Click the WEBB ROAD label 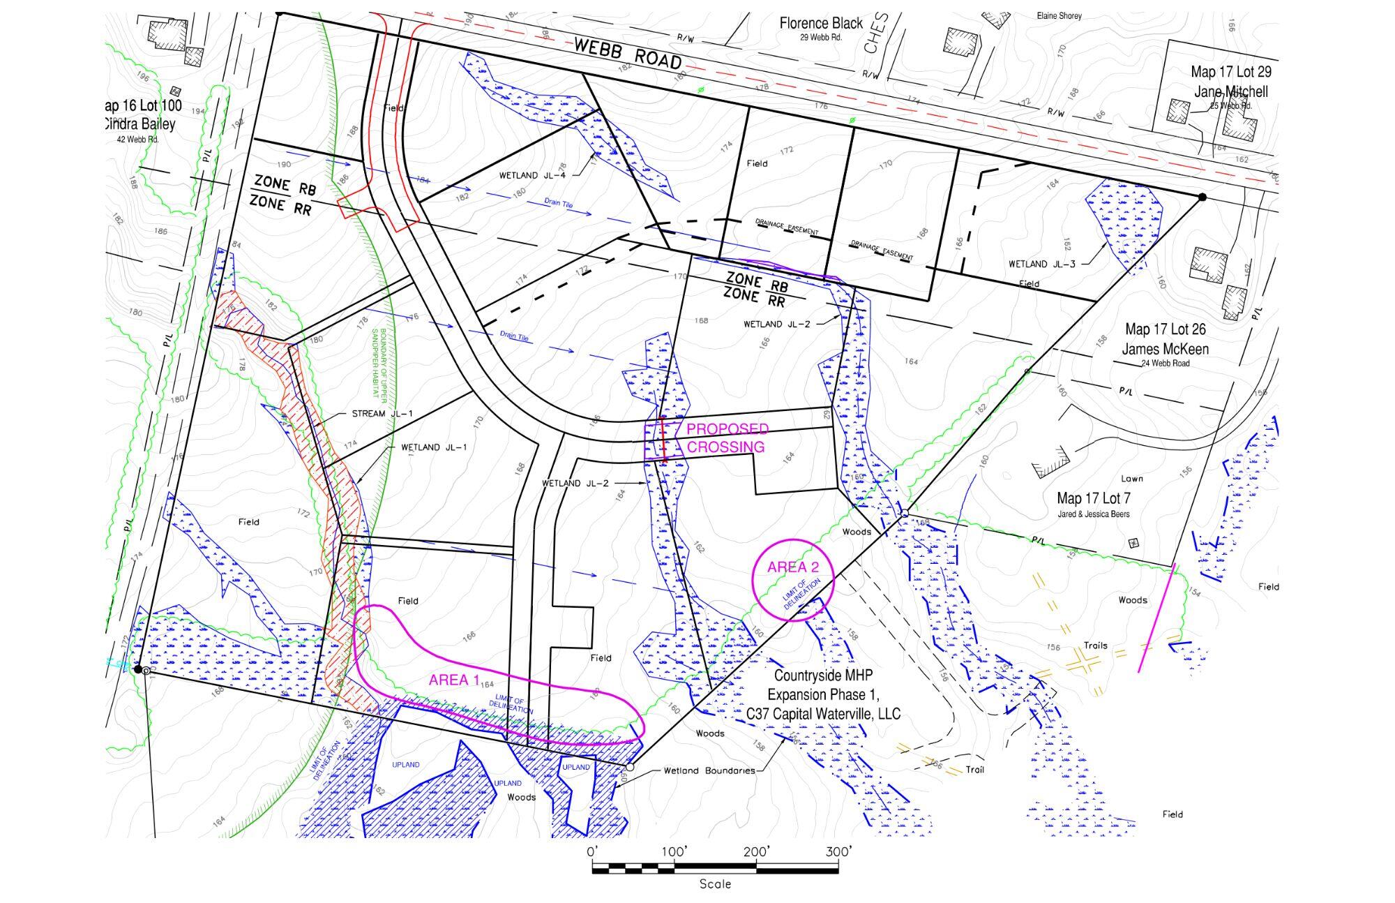[x=628, y=54]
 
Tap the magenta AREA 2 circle [x=793, y=580]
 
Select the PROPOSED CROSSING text [x=727, y=438]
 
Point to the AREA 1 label [x=454, y=680]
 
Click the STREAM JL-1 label [x=382, y=414]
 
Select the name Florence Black [x=821, y=24]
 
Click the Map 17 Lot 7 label [x=1093, y=498]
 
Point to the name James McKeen [x=1165, y=348]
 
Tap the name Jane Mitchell [x=1231, y=91]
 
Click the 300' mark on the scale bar [x=838, y=852]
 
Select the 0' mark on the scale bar [x=592, y=852]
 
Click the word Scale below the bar [x=715, y=884]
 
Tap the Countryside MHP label [x=823, y=676]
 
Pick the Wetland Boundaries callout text [x=709, y=771]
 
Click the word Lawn [x=1131, y=479]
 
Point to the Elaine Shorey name [x=1059, y=15]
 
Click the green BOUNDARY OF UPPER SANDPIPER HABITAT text [x=378, y=366]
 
